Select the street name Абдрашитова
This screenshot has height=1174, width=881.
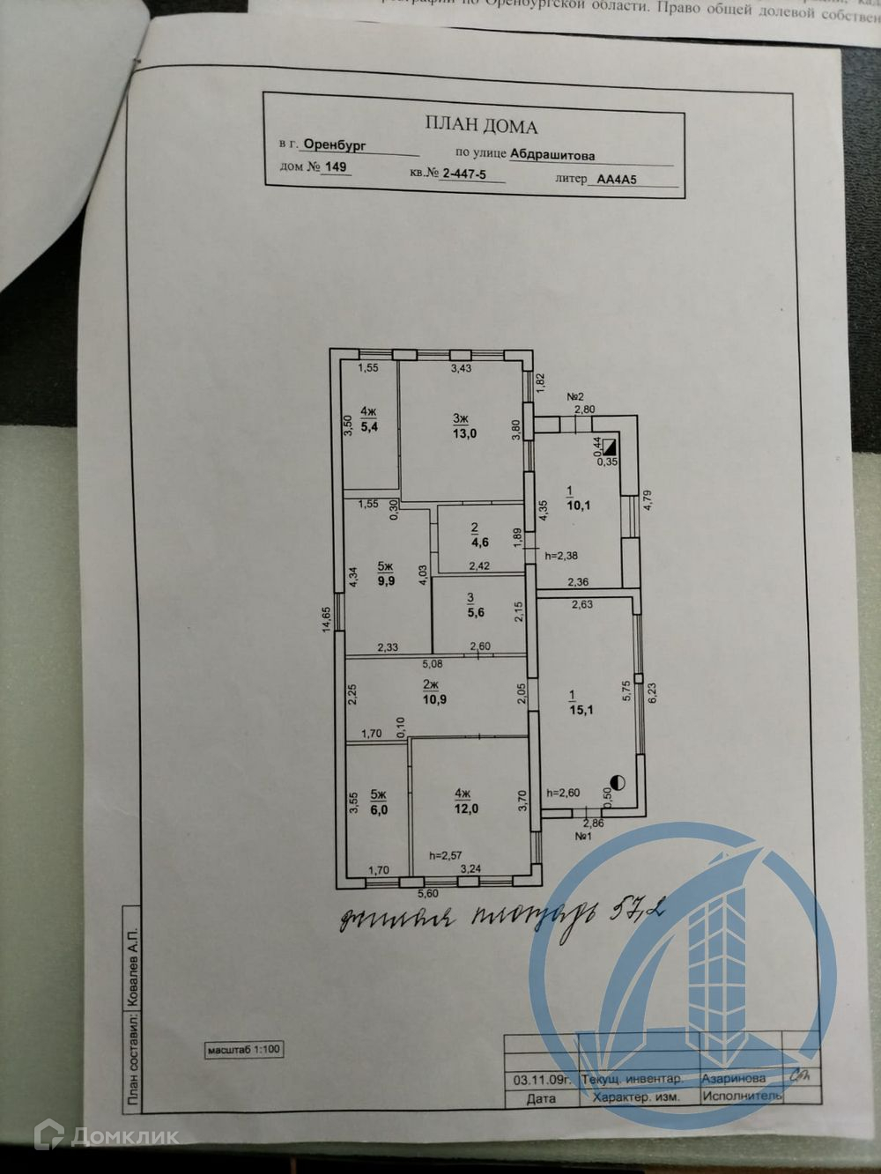pos(552,154)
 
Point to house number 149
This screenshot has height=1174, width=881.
pos(336,167)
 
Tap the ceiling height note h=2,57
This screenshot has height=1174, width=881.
pos(447,854)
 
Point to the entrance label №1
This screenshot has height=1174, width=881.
pos(582,835)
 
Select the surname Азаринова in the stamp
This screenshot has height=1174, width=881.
pos(733,1078)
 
